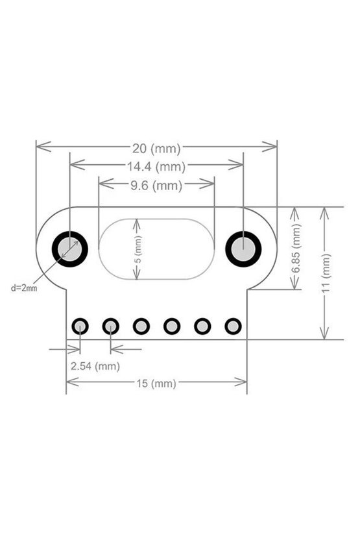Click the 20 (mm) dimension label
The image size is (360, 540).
156,149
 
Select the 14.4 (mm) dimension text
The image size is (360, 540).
156,167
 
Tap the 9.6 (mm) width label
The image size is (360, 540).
156,186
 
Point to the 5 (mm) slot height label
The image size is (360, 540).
138,249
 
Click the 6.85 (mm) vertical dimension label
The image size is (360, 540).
296,249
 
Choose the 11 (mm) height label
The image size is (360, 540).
326,273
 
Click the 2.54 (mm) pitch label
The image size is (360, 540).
95,366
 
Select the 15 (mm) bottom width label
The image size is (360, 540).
156,384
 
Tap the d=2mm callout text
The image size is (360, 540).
24,288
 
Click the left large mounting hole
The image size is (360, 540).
70,249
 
